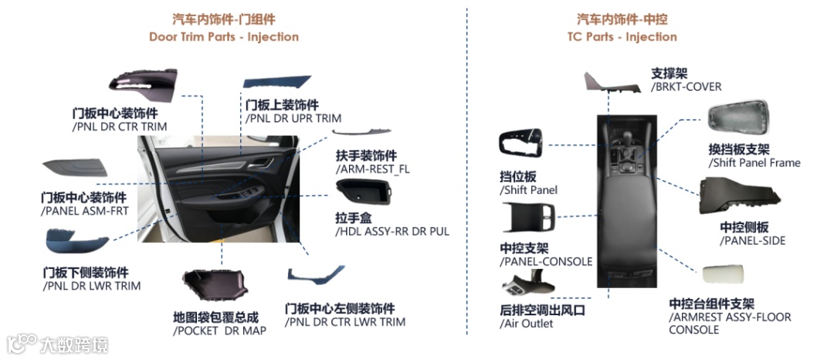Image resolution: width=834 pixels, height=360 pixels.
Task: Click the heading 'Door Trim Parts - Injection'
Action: [224, 36]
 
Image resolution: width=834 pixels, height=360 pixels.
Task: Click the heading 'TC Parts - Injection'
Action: [622, 36]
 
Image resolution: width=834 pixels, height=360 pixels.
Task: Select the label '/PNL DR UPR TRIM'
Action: [293, 118]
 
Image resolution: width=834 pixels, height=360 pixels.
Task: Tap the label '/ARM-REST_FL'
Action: [372, 169]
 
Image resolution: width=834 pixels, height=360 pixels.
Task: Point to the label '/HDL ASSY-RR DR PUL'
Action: [392, 231]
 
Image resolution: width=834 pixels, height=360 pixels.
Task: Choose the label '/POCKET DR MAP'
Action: [220, 331]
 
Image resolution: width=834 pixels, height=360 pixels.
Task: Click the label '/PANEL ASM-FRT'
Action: [84, 210]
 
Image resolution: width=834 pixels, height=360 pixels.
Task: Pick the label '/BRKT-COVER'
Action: [687, 87]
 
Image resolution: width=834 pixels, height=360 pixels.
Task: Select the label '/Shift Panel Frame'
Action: [754, 163]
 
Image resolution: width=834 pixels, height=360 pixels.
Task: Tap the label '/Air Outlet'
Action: [527, 324]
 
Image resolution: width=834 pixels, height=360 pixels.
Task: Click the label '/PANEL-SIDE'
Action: [753, 240]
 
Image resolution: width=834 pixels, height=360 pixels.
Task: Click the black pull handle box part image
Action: [364, 192]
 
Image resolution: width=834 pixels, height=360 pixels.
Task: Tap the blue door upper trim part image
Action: [276, 83]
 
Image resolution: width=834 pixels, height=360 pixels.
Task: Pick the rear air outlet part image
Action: [528, 286]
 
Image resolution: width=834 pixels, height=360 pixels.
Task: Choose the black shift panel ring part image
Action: [522, 148]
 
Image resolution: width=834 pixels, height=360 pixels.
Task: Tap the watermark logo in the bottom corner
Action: [22, 343]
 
